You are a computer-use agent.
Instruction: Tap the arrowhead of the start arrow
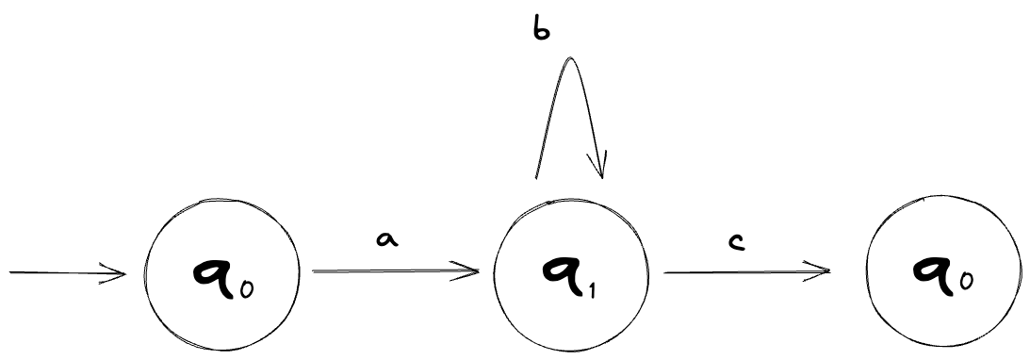tap(120, 273)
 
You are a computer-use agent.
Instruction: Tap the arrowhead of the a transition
tap(474, 273)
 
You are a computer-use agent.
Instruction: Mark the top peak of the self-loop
tap(568, 59)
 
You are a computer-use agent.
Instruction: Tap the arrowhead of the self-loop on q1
tap(599, 171)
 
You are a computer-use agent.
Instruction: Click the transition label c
tap(738, 244)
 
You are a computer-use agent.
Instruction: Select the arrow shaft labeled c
tap(744, 272)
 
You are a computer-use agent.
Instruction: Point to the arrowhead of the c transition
tap(823, 272)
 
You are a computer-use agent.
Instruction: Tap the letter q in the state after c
tap(931, 270)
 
